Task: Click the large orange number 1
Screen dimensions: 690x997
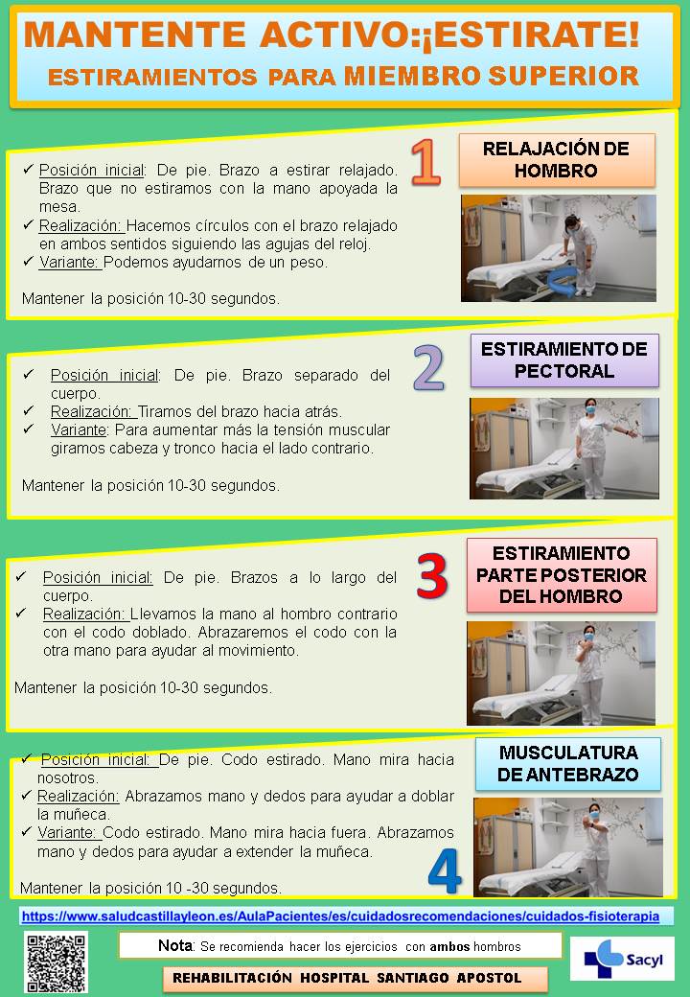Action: (426, 162)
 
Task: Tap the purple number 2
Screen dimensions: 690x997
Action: (429, 367)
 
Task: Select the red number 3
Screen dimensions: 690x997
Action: (432, 577)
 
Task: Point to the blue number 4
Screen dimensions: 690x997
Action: (445, 871)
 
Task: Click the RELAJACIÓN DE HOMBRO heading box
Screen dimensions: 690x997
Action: (557, 159)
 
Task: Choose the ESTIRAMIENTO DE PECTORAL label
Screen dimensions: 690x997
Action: (564, 359)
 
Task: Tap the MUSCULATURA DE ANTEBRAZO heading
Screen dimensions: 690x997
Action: (568, 764)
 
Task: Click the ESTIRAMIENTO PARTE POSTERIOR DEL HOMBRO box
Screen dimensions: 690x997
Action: (562, 575)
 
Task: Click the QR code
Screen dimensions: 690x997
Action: (56, 962)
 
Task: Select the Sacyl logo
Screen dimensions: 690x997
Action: (622, 959)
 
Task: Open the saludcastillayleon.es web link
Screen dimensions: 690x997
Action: (340, 916)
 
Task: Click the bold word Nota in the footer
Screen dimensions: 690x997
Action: (175, 945)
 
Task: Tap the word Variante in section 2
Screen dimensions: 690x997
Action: (79, 429)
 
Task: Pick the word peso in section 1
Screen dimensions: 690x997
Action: (308, 262)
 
